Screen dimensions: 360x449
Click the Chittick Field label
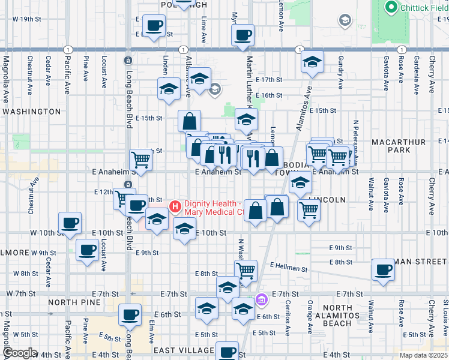[417, 7]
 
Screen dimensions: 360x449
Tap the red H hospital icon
[175, 207]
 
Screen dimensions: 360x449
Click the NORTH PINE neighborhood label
[74, 302]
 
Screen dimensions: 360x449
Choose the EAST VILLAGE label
[184, 350]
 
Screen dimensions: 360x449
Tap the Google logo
[20, 353]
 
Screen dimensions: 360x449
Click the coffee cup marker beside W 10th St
[70, 223]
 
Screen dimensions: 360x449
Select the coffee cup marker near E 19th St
[154, 26]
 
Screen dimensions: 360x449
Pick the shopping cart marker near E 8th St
[246, 271]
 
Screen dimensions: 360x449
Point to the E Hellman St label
[289, 266]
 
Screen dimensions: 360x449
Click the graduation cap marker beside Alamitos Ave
[312, 62]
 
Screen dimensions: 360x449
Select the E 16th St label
[268, 95]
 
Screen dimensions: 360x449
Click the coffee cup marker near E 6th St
[130, 314]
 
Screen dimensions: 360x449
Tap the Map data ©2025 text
[423, 355]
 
